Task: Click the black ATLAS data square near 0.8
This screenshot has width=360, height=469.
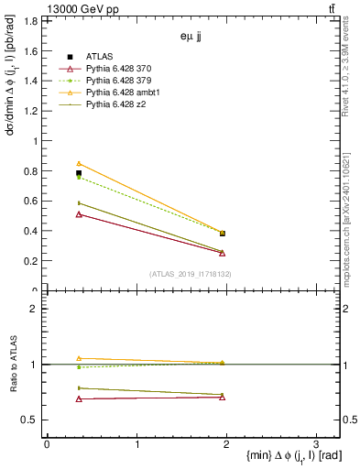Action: [x=79, y=172]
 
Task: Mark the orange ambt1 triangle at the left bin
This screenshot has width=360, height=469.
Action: [x=79, y=163]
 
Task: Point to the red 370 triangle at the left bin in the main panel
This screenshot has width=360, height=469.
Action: [x=79, y=214]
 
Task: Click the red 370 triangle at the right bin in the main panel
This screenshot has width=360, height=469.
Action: [x=223, y=253]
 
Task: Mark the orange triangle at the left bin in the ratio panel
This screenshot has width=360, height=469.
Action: [x=79, y=358]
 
